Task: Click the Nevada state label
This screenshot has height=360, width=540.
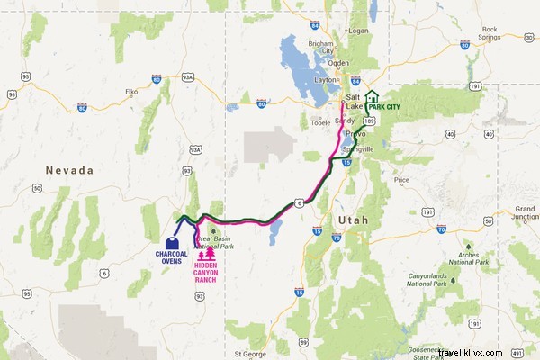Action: pyautogui.click(x=72, y=169)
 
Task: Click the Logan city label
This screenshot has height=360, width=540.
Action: pyautogui.click(x=359, y=30)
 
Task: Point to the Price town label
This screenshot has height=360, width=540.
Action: pyautogui.click(x=401, y=179)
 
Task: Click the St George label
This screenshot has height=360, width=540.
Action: pyautogui.click(x=250, y=354)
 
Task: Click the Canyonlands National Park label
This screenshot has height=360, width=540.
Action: pyautogui.click(x=427, y=277)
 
